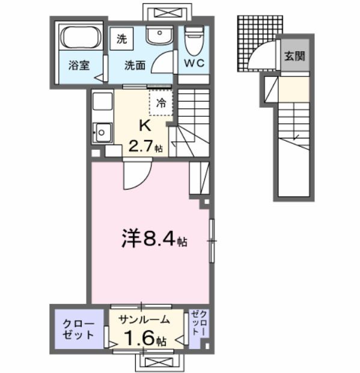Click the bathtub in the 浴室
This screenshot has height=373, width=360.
tap(81, 39)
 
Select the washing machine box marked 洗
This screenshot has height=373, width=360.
tap(122, 40)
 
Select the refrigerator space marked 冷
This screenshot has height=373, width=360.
tap(160, 103)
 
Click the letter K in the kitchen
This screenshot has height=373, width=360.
tap(145, 125)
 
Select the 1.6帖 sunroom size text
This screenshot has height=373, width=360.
tap(145, 339)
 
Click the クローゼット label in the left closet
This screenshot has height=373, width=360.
tap(79, 328)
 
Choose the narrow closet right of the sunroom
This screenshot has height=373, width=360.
tap(199, 328)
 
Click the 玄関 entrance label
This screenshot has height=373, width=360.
tap(294, 57)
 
